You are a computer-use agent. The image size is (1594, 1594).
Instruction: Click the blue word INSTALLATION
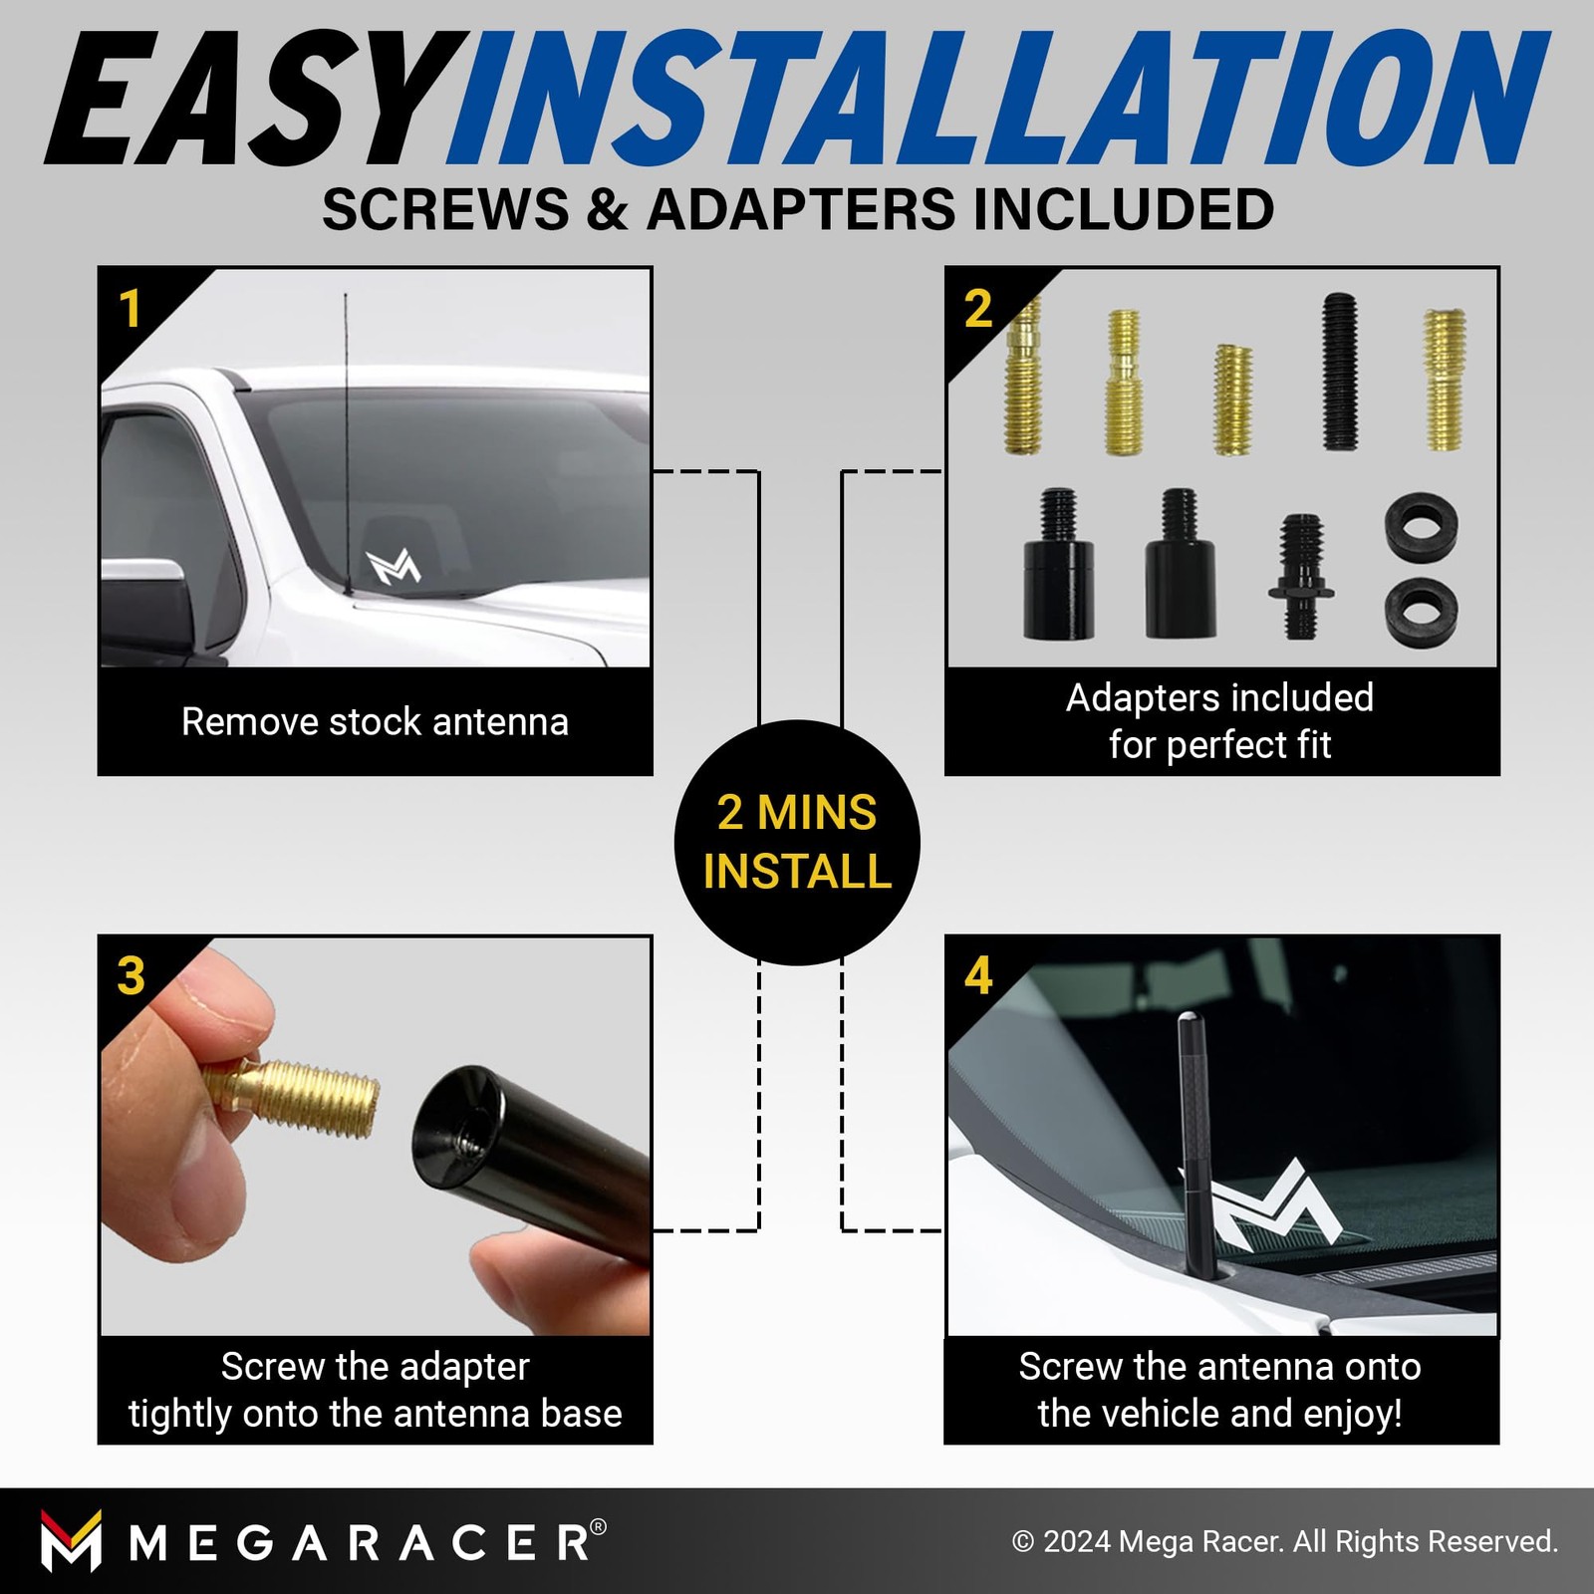(996, 99)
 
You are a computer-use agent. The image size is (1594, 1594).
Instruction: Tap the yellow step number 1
(130, 309)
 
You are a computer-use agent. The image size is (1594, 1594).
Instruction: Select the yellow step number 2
(978, 309)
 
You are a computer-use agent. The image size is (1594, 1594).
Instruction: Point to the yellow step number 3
(131, 976)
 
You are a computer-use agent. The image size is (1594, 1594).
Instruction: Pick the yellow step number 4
(978, 976)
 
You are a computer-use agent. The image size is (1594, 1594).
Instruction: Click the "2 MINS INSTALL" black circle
(797, 842)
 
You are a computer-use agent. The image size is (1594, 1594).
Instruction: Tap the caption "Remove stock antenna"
(375, 721)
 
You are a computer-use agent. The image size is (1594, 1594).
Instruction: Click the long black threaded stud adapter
(1339, 371)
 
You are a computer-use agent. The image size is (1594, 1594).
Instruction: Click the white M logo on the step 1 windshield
(393, 566)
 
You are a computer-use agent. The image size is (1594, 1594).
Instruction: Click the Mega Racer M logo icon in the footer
(71, 1540)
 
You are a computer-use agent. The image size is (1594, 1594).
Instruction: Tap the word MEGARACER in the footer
(367, 1543)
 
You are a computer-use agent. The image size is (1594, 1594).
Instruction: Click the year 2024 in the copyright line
(1076, 1541)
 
